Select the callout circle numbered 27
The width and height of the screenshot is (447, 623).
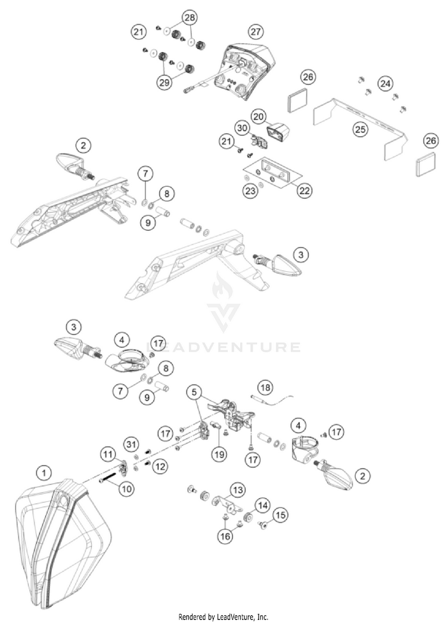(x=256, y=31)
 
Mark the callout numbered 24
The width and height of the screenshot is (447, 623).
(x=386, y=84)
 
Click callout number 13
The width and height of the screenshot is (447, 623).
(x=238, y=490)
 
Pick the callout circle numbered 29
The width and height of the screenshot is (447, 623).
(x=164, y=83)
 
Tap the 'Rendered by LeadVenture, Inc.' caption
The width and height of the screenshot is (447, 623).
(x=223, y=616)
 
